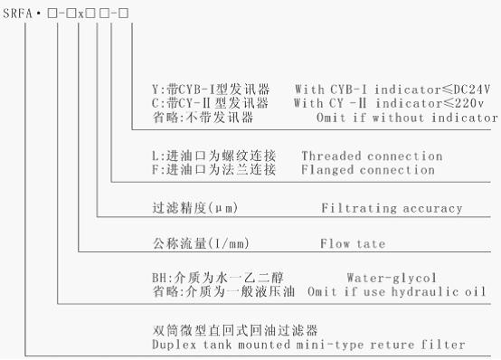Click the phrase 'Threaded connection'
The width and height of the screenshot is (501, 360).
tap(372, 156)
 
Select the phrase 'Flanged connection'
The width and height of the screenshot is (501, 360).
tap(368, 169)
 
